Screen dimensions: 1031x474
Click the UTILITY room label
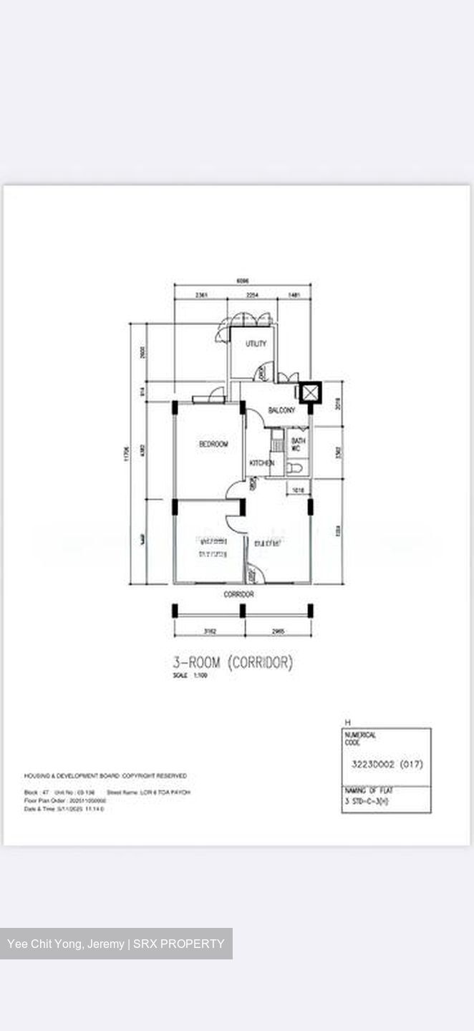click(256, 344)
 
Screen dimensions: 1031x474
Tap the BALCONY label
click(281, 410)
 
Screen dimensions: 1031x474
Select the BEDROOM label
click(213, 445)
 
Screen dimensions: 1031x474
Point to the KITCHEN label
click(261, 463)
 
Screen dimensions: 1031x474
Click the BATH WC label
click(298, 445)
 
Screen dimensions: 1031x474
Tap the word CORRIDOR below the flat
click(238, 594)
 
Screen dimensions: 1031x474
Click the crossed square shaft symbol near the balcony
click(310, 392)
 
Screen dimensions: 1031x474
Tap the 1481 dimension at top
click(294, 295)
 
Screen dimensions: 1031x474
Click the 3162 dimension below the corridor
click(210, 631)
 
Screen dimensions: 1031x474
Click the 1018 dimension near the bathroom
click(297, 490)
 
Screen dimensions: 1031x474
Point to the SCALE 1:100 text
click(190, 675)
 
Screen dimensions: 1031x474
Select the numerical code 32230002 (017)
click(387, 764)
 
